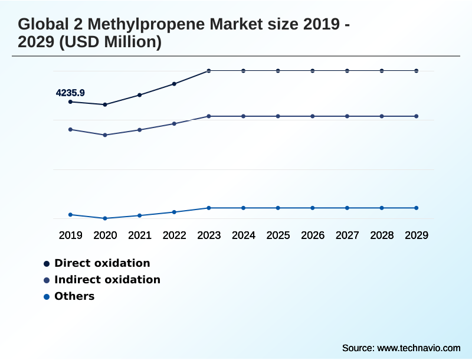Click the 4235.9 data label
pos(70,93)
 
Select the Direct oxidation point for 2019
pos(71,102)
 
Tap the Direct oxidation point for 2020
pos(105,104)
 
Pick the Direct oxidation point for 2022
pos(174,84)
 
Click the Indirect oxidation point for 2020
pos(105,135)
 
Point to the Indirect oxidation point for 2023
pos(209,116)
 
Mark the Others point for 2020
pos(105,218)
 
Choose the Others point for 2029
pos(416,208)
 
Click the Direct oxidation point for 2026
pos(313,71)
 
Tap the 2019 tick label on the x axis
pos(71,235)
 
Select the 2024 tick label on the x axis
pos(244,235)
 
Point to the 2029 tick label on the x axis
pos(416,235)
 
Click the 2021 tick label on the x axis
pos(140,235)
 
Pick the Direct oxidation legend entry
pos(101,263)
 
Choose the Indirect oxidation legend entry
pos(107,280)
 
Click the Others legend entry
pos(74,296)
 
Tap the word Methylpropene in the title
pos(139,25)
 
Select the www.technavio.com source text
pos(419,348)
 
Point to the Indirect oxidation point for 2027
pos(347,116)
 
